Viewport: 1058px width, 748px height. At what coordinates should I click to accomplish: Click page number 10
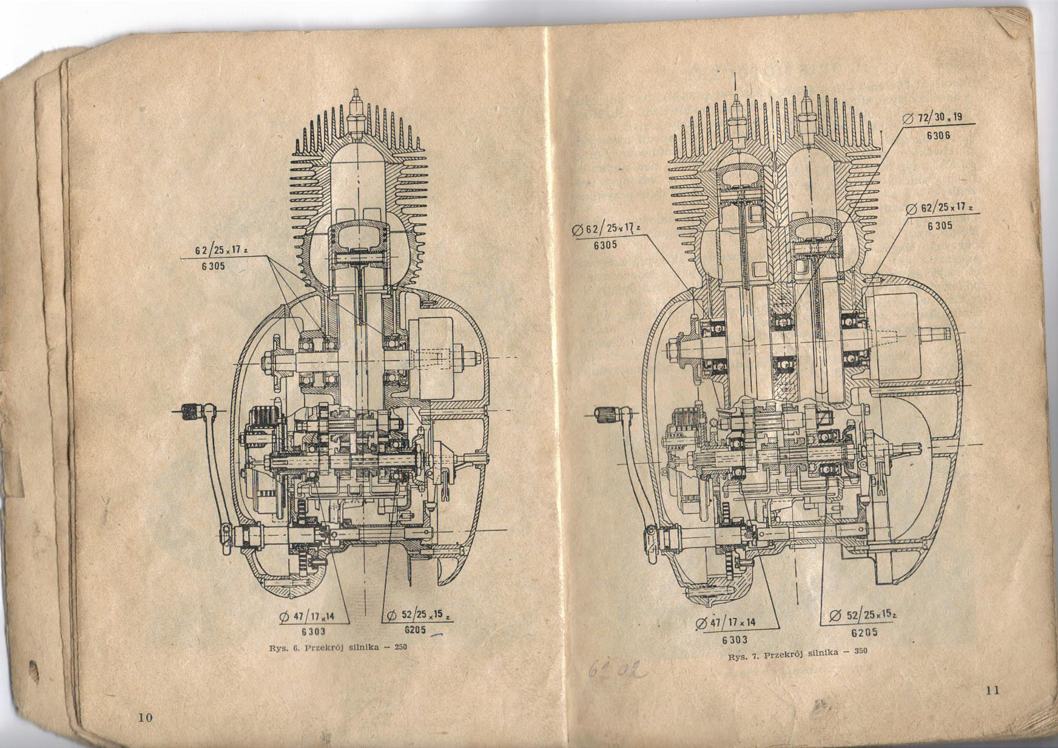point(145,718)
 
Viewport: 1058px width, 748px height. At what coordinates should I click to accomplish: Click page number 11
point(992,689)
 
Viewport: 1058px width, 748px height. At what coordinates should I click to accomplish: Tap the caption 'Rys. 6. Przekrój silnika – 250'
point(338,647)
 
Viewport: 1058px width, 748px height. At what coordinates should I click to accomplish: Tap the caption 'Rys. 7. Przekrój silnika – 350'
point(798,654)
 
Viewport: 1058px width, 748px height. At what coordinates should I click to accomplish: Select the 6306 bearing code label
point(938,135)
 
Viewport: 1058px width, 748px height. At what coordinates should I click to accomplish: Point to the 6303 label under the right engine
point(735,639)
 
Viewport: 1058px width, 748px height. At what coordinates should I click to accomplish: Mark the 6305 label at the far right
point(940,226)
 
